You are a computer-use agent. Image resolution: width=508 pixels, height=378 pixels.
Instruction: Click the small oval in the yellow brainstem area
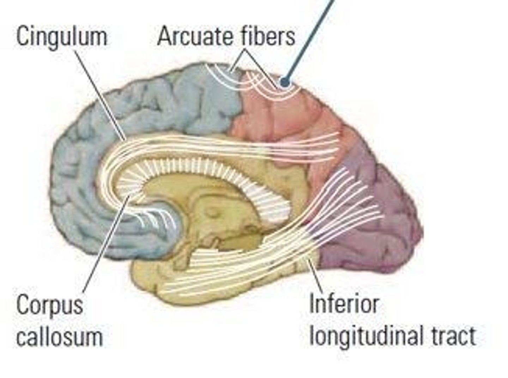pyautogui.click(x=212, y=212)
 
